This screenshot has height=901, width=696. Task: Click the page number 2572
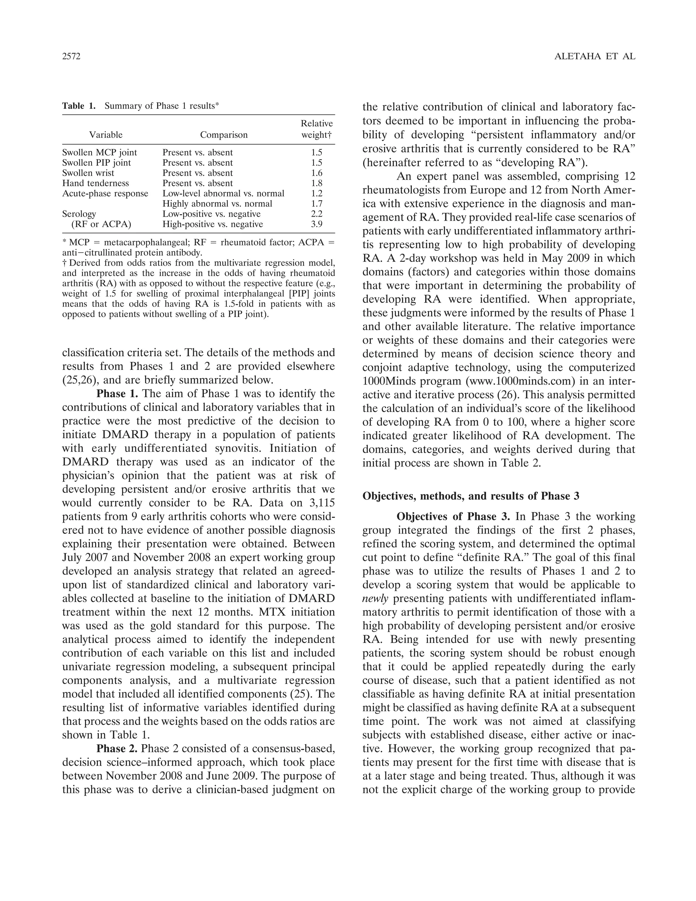tap(71, 56)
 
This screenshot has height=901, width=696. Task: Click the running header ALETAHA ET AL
tap(595, 56)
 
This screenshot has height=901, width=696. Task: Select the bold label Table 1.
tap(79, 106)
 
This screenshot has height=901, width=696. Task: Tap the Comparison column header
tap(224, 135)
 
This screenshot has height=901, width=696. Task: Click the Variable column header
tap(106, 135)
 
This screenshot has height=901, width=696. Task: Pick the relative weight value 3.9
tap(317, 224)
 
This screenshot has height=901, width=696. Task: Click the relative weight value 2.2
tap(317, 214)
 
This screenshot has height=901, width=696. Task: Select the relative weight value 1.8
tap(317, 183)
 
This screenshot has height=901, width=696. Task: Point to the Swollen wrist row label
tap(88, 173)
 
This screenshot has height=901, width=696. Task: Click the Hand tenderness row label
tap(95, 183)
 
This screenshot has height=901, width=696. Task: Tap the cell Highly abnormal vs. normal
tap(217, 204)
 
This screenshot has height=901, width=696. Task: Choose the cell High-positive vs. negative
tap(212, 224)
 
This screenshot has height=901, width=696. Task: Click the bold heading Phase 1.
tap(117, 394)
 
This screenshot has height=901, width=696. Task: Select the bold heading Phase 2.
tap(117, 749)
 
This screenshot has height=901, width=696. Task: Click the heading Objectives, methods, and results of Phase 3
tap(471, 496)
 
